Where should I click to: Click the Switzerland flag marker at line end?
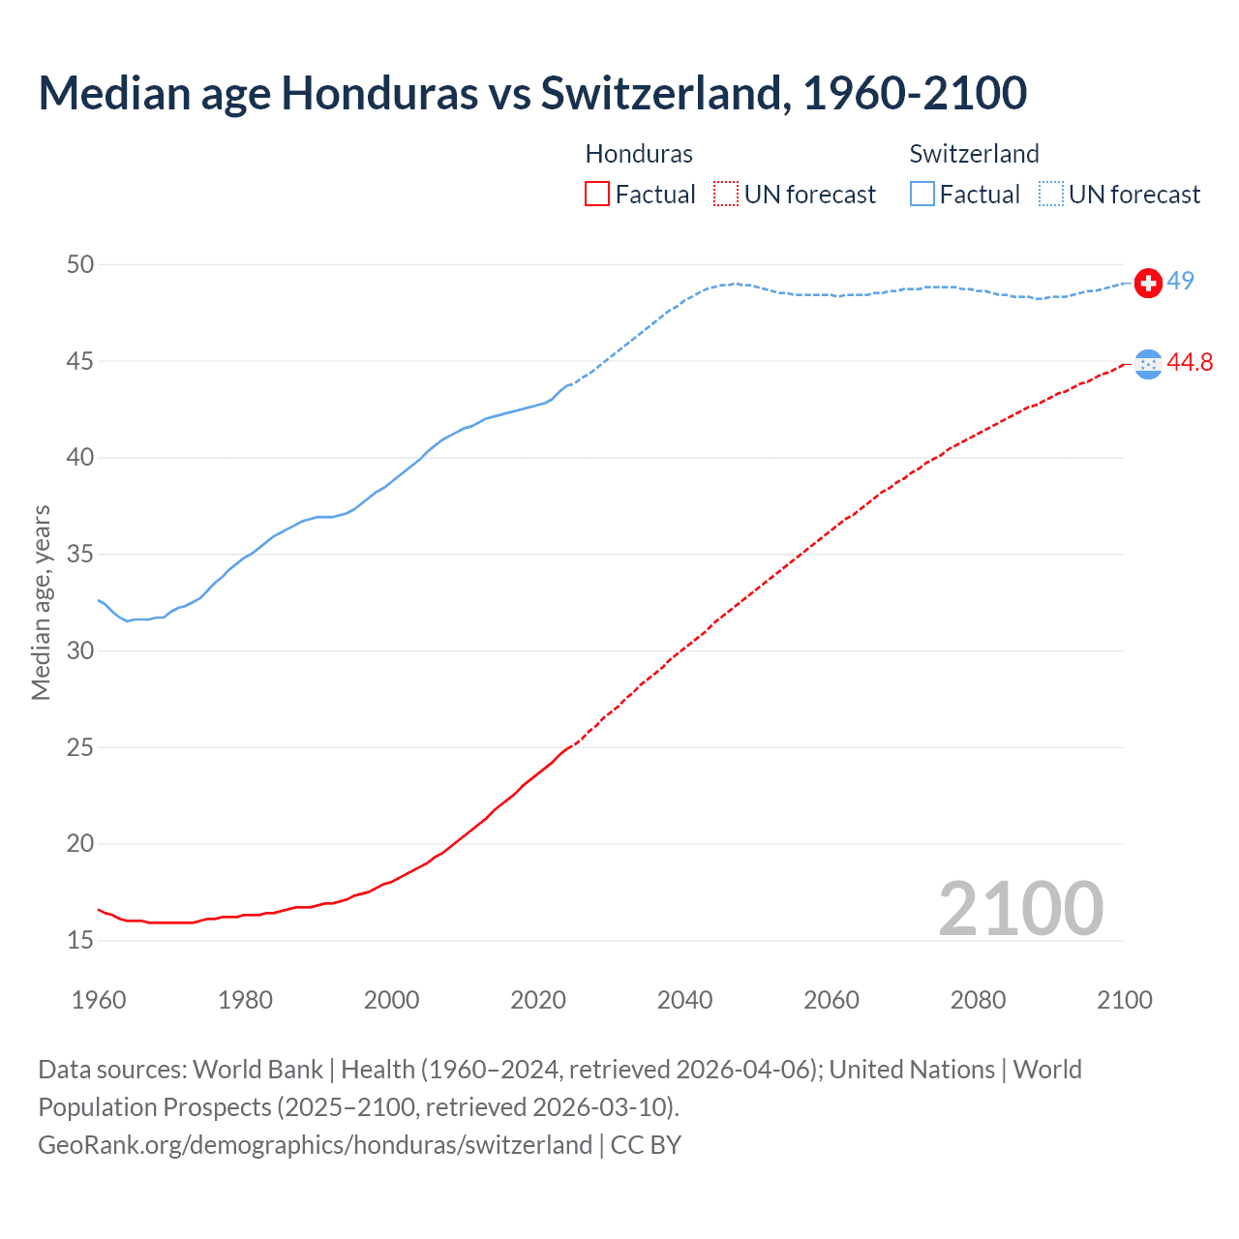[x=1148, y=283]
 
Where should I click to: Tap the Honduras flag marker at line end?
[x=1148, y=364]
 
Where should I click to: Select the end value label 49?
[x=1180, y=281]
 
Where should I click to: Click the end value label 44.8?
[x=1190, y=362]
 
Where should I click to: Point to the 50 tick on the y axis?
[x=80, y=264]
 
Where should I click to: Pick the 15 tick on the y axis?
[x=80, y=940]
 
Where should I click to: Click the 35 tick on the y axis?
[x=80, y=555]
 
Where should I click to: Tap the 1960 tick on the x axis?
[x=99, y=1000]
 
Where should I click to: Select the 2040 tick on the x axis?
[x=684, y=1000]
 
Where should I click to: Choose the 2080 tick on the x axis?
[x=978, y=1000]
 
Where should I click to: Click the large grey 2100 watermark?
[x=1020, y=908]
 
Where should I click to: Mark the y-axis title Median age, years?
[x=41, y=602]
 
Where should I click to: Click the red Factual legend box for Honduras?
[x=597, y=195]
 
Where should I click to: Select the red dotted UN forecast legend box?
[x=726, y=195]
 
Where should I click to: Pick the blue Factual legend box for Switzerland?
[x=922, y=195]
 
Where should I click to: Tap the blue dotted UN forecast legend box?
[x=1051, y=195]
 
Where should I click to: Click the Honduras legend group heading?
[x=639, y=154]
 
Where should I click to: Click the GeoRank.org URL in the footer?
[x=315, y=1145]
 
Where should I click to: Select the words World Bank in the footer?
[x=257, y=1070]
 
